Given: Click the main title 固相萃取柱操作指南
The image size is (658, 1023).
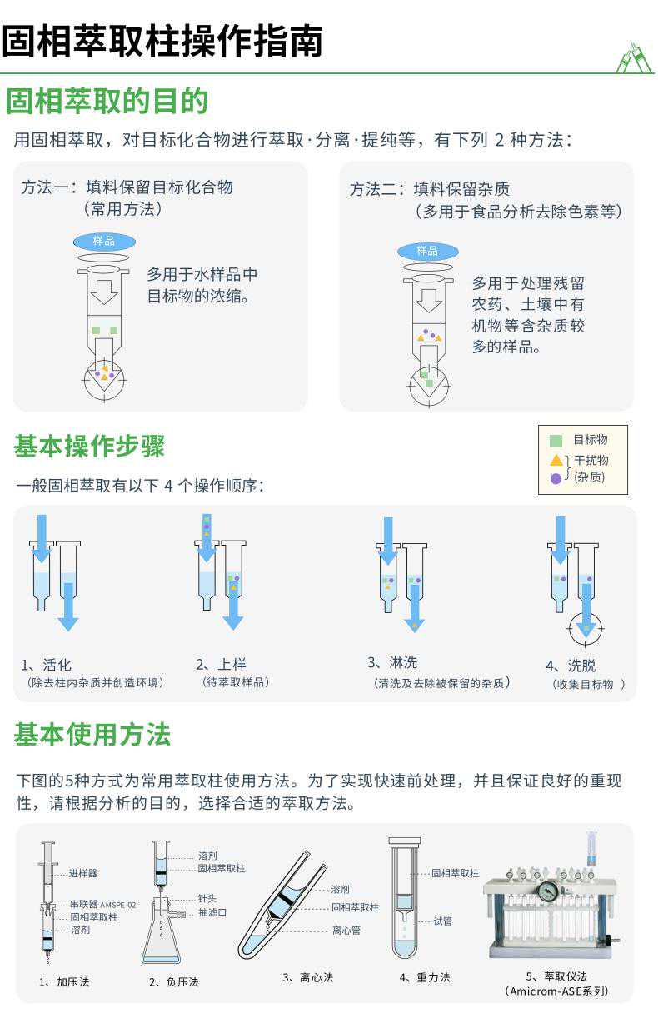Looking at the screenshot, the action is point(162,41).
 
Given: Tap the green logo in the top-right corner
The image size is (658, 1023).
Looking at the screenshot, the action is point(634,57).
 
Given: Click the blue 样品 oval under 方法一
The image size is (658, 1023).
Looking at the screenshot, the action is point(105,241).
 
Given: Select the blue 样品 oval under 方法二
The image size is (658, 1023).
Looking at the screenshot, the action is point(428,251).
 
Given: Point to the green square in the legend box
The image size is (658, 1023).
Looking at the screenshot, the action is point(556,441).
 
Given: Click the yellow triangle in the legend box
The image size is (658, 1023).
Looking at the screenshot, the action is point(556,460).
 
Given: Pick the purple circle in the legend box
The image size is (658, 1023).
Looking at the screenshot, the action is point(556,478).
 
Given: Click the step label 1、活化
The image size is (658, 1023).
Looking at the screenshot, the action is point(46,665).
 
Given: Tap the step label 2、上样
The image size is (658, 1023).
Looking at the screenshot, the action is point(221,664).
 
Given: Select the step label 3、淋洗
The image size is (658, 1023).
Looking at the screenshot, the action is point(392,662).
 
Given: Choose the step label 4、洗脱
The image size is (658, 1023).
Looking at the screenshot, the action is point(571,666).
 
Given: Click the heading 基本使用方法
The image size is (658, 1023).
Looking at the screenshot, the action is point(92,735).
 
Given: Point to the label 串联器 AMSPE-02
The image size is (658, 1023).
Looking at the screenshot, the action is point(102,904).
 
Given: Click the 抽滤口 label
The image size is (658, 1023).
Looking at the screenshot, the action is point(212,912).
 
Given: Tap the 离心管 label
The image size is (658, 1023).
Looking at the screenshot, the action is point(346,931).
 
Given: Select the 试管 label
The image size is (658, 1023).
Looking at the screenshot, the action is point(443,921).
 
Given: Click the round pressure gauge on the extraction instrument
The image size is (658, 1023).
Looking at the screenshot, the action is point(547,891).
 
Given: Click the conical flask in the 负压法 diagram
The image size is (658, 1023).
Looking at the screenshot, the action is point(161,931).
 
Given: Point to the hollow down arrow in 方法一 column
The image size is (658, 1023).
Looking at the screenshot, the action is point(105,292).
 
